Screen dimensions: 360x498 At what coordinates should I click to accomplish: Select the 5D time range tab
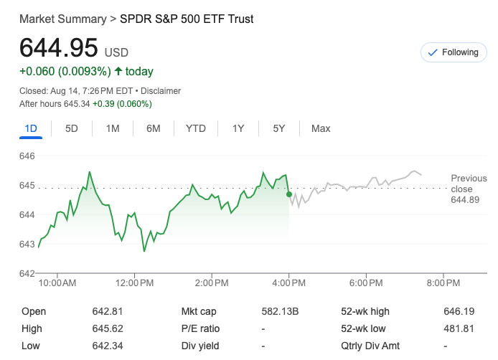click(x=72, y=128)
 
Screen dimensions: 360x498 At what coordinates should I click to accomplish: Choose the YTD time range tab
click(x=196, y=128)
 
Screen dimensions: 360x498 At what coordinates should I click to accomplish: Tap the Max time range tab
click(x=321, y=128)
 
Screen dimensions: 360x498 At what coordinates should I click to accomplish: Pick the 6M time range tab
click(x=153, y=128)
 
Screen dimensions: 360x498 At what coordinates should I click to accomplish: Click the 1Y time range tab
click(x=238, y=128)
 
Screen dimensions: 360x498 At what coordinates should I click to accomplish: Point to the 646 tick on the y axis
click(x=27, y=156)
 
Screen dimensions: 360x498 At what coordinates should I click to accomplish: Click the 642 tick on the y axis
click(x=27, y=273)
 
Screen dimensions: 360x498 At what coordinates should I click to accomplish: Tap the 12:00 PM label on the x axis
click(x=135, y=284)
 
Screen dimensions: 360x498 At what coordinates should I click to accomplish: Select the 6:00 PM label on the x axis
click(x=366, y=284)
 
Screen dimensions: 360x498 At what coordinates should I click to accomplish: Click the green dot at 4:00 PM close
click(x=288, y=194)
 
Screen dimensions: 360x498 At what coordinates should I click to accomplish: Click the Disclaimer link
click(x=161, y=91)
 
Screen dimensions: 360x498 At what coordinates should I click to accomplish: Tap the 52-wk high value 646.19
click(x=459, y=312)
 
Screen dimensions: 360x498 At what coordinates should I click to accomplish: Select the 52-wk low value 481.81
click(x=459, y=329)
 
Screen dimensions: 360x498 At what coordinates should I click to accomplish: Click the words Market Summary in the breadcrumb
click(x=62, y=19)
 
